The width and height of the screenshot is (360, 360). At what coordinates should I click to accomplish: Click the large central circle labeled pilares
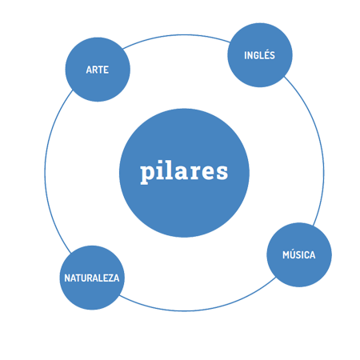pyautogui.click(x=184, y=173)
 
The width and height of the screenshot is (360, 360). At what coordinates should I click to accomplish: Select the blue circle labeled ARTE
pyautogui.click(x=98, y=70)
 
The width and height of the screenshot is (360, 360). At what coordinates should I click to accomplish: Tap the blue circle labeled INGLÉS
pyautogui.click(x=260, y=55)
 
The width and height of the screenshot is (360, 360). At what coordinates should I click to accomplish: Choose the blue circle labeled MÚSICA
pyautogui.click(x=299, y=254)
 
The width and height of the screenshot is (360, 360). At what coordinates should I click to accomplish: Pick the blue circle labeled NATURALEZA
pyautogui.click(x=92, y=278)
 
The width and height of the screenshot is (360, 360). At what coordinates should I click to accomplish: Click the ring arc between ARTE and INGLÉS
pyautogui.click(x=176, y=35)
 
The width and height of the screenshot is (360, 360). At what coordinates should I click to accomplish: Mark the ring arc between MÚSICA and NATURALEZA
pyautogui.click(x=198, y=310)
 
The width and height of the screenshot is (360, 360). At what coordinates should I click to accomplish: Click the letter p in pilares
pyautogui.click(x=146, y=174)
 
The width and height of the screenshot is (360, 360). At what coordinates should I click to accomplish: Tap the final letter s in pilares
pyautogui.click(x=222, y=172)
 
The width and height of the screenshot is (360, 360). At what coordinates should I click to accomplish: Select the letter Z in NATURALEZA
pyautogui.click(x=110, y=278)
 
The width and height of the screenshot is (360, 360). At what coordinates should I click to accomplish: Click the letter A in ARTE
pyautogui.click(x=89, y=70)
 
